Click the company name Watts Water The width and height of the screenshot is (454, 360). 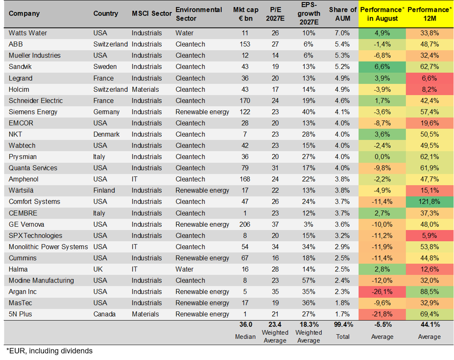[28, 33]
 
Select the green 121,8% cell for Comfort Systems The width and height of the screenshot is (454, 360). [429, 202]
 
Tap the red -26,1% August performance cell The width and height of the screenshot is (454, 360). [382, 292]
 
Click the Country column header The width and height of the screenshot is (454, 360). [106, 14]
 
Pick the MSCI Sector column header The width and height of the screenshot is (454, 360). [152, 14]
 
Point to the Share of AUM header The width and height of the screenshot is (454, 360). [343, 14]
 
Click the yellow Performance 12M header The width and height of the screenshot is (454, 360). [430, 14]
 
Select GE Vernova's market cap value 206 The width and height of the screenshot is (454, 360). [245, 225]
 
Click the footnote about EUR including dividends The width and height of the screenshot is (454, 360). [49, 351]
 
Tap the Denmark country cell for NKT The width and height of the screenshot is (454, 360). [106, 135]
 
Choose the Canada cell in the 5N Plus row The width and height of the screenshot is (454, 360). [104, 314]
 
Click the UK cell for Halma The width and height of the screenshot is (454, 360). [98, 269]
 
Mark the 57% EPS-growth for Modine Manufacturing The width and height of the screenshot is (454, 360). [309, 280]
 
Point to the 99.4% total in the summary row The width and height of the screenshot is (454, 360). [343, 325]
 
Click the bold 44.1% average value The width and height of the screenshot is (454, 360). [430, 325]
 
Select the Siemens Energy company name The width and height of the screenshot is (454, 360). [33, 112]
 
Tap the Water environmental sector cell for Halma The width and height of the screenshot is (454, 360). [184, 269]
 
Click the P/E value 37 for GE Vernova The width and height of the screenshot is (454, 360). [275, 225]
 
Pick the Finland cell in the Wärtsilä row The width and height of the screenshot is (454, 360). [104, 190]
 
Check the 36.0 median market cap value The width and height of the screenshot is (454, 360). [246, 325]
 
